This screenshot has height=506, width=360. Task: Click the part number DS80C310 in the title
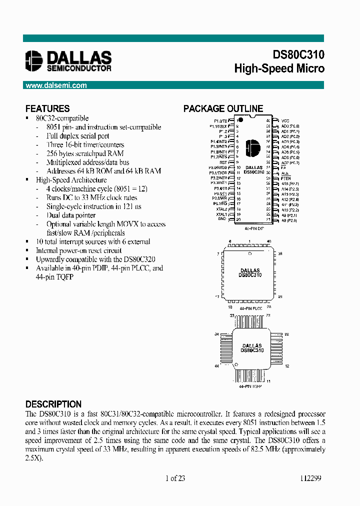point(298,55)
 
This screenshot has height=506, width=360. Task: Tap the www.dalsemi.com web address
point(56,85)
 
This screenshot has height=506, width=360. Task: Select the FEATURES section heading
point(47,108)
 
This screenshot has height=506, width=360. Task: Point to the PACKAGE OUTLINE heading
point(223,108)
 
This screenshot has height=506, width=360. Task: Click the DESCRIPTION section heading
point(53,404)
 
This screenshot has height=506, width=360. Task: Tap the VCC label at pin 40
point(285,121)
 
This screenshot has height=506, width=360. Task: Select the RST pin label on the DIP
point(224,162)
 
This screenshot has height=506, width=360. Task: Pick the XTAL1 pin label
point(222,214)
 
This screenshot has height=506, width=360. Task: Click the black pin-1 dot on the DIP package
point(240,120)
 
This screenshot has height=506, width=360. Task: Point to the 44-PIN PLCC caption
point(250,308)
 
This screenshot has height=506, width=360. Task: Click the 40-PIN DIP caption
point(254,227)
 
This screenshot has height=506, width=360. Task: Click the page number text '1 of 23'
point(175,478)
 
